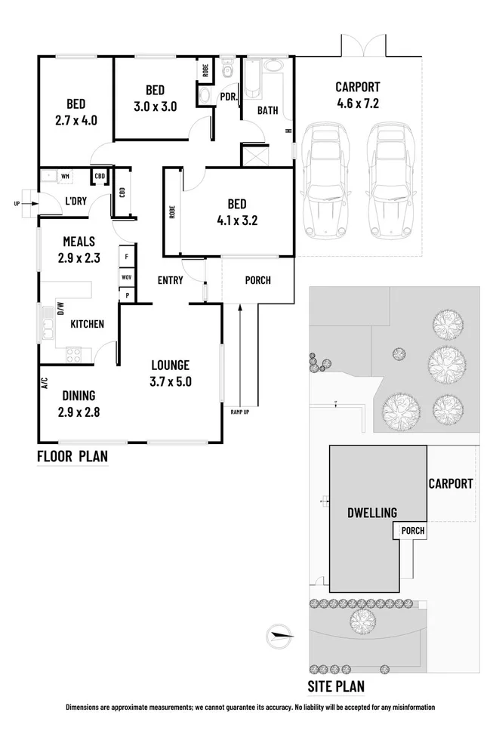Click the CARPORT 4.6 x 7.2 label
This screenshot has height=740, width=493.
pos(358,95)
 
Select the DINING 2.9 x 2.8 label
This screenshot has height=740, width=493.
pos(79,403)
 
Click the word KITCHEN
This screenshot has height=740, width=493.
pos(88,324)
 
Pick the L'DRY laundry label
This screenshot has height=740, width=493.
pos(76,201)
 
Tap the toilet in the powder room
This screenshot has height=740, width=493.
pos(228,69)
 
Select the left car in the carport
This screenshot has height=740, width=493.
pos(325,180)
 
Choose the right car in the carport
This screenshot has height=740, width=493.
pos(392,180)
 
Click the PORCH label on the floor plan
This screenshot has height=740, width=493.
pos(258,280)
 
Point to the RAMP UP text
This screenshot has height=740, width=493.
pos(239,412)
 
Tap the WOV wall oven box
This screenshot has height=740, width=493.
pos(127,277)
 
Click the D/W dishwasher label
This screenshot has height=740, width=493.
pos(60,309)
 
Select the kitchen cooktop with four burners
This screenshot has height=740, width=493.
pos(73,355)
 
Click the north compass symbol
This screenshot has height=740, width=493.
pos(279,636)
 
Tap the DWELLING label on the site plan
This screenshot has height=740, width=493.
pos(372,513)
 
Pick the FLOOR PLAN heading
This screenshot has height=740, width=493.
pos(72,456)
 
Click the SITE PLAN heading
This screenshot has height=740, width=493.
pos(336,686)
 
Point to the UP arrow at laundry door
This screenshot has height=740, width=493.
pos(27,204)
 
